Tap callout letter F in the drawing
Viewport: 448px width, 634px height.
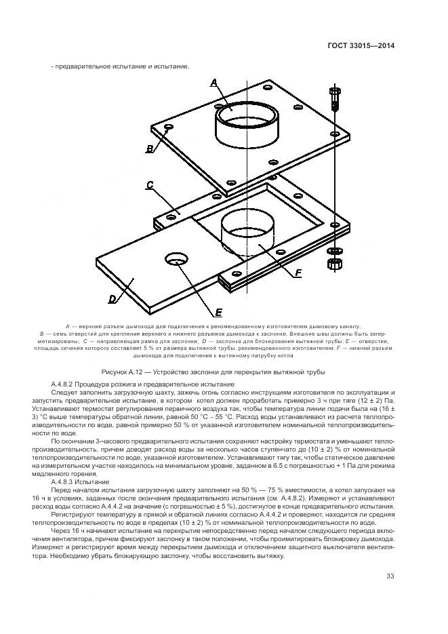pos(298,273)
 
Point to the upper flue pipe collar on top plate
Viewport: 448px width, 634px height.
pos(243,121)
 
